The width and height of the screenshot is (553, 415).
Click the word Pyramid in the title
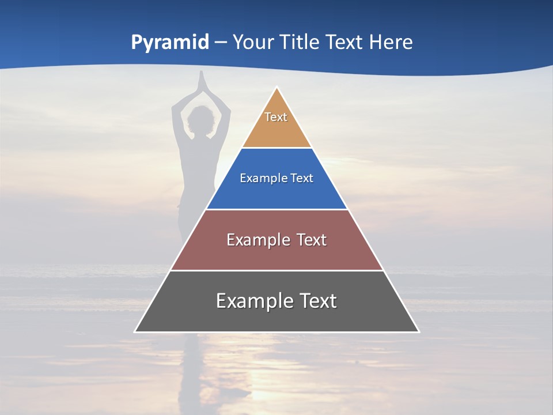pyautogui.click(x=170, y=43)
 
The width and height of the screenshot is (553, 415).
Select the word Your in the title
pyautogui.click(x=252, y=42)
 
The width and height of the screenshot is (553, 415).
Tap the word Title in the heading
pyautogui.click(x=299, y=42)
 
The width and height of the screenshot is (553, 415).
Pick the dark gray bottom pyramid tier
pyautogui.click(x=276, y=317)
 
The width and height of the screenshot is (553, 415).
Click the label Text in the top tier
pyautogui.click(x=276, y=117)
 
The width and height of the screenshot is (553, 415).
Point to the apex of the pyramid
pyautogui.click(x=277, y=88)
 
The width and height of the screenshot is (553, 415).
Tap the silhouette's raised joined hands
pyautogui.click(x=201, y=81)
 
